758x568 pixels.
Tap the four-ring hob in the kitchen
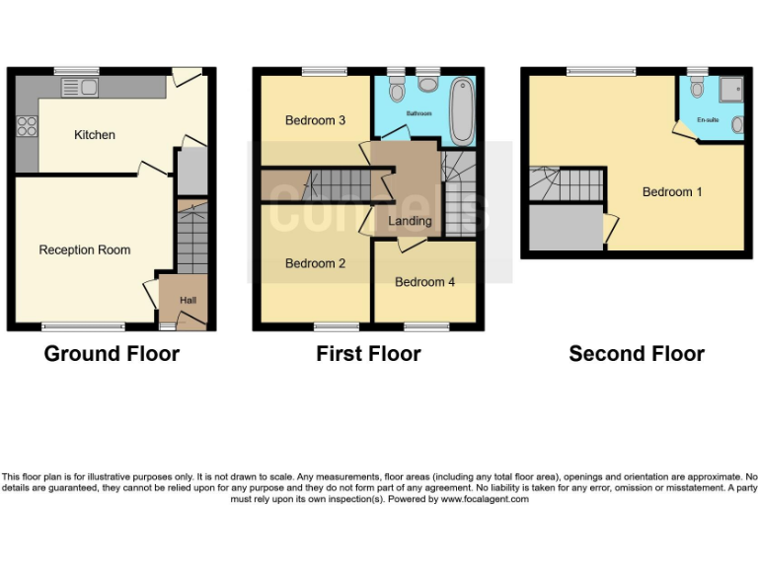(26, 125)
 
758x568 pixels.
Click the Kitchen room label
(95, 135)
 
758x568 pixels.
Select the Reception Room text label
(85, 250)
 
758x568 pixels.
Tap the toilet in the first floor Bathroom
(397, 92)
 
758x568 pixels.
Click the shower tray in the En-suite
(732, 91)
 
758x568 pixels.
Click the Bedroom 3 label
(315, 121)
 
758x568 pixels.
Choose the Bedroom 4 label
(424, 282)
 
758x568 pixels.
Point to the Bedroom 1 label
(672, 192)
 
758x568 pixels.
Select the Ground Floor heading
(112, 354)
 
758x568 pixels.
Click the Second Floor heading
(637, 354)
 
